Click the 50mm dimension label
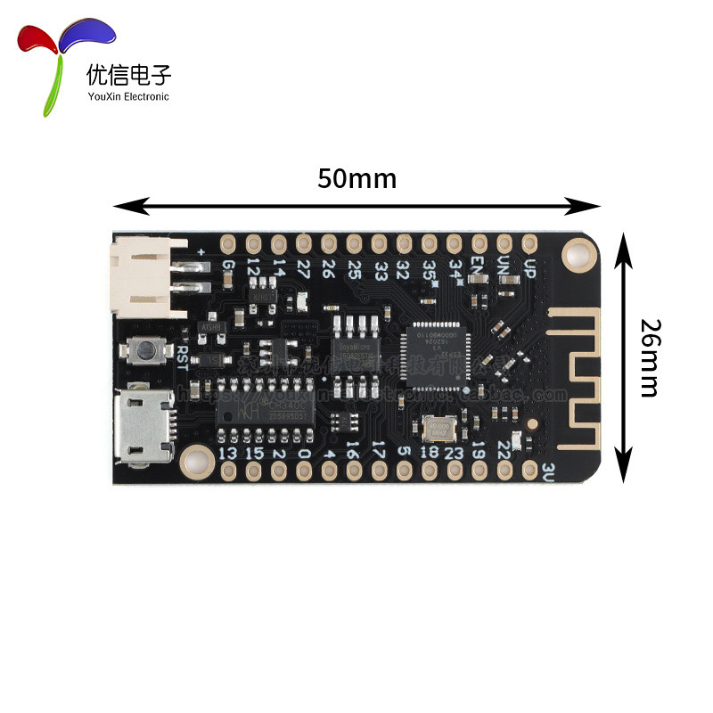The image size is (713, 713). coord(356,178)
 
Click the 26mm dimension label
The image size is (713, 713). coord(648,357)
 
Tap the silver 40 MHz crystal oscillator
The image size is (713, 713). coord(438,430)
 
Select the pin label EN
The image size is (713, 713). coord(479,266)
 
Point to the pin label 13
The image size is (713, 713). coord(228,454)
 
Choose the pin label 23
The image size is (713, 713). coord(454,454)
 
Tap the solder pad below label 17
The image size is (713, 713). coord(378,473)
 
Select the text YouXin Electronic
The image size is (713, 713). coord(127,96)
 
